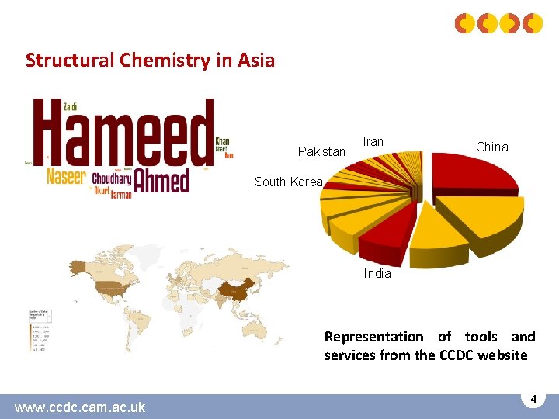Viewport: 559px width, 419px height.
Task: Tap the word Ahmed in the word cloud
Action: click(161, 180)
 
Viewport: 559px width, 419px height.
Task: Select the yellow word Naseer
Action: click(65, 175)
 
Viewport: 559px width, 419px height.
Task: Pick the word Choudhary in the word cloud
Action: click(111, 178)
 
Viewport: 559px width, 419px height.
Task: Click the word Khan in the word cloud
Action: click(222, 141)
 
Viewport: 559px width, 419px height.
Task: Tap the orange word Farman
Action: click(121, 194)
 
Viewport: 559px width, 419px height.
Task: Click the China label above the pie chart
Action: click(491, 147)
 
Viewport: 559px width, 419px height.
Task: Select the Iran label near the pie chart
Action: click(373, 142)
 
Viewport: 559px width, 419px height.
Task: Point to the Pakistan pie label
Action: click(321, 151)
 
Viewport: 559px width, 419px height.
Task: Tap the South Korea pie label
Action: click(288, 182)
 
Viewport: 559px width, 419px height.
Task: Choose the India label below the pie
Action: click(377, 273)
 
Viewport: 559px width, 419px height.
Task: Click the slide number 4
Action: click(533, 399)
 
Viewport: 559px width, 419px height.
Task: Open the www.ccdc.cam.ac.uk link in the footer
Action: click(79, 407)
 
